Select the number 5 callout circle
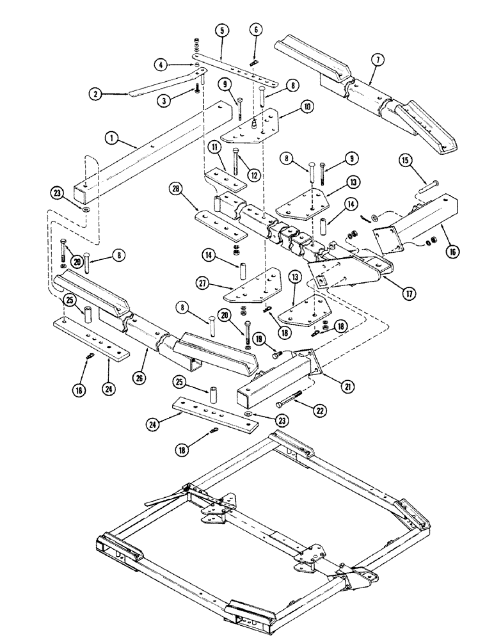point(221,30)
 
